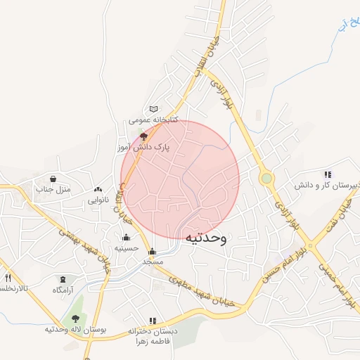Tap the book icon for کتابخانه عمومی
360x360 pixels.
(x=153, y=109)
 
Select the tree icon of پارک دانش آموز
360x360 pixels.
(x=144, y=136)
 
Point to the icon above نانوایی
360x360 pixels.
(x=98, y=189)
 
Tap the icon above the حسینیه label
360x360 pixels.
(x=126, y=237)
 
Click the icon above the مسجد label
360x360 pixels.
(x=153, y=251)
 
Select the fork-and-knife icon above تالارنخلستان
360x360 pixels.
(x=8, y=278)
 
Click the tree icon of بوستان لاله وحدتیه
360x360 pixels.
(x=75, y=319)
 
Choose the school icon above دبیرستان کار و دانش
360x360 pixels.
(x=327, y=174)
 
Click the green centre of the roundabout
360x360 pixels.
(x=266, y=179)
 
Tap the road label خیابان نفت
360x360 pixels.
(x=337, y=214)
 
